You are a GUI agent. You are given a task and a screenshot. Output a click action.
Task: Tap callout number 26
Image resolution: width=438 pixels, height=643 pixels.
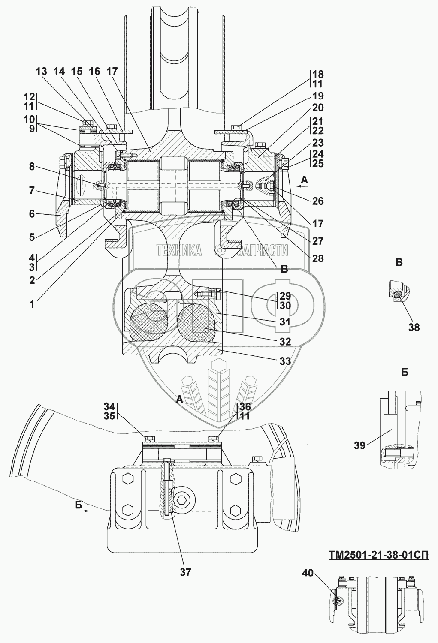(x=318, y=201)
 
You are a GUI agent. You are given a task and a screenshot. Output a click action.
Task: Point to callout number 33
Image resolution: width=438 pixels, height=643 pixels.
(x=285, y=361)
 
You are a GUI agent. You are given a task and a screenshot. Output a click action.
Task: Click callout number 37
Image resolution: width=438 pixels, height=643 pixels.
(x=186, y=571)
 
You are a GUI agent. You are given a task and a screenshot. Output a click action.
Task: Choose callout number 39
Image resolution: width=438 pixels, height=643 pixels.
(x=359, y=445)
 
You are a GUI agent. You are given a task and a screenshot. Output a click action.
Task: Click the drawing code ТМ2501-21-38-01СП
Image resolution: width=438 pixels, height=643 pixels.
(x=378, y=555)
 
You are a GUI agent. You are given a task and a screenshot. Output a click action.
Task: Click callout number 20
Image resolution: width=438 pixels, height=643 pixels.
(x=318, y=108)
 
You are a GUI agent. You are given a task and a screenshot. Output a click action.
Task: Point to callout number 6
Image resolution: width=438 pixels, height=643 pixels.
(x=32, y=213)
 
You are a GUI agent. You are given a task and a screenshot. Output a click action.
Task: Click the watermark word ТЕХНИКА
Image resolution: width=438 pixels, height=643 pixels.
(x=179, y=250)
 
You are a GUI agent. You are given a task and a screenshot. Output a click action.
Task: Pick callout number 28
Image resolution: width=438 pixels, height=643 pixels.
(x=318, y=258)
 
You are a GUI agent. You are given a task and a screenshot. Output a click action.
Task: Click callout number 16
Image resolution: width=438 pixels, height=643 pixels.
(x=94, y=72)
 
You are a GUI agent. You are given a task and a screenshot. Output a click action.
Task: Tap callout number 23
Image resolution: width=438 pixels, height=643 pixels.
(x=318, y=143)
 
